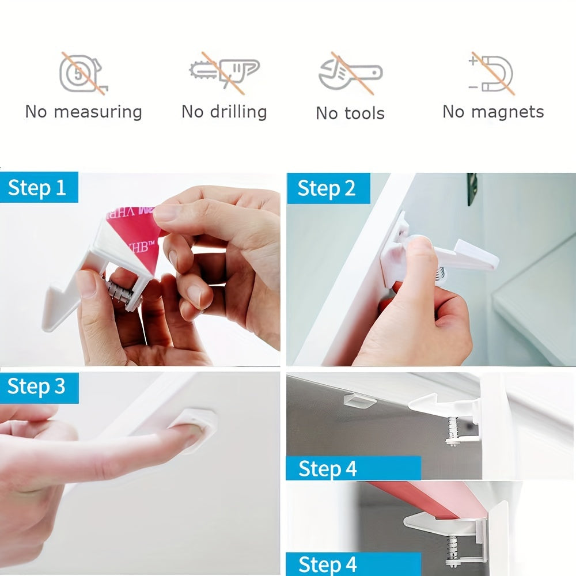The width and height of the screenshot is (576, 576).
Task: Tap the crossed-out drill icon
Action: [x=225, y=72]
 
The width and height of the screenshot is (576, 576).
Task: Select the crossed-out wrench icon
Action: [x=350, y=74]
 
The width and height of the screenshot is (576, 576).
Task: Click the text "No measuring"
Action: [x=84, y=111]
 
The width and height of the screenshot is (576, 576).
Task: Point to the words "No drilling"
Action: [x=224, y=111]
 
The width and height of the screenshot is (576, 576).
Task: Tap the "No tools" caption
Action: [x=350, y=113]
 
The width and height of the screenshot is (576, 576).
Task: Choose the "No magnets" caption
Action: [x=493, y=111]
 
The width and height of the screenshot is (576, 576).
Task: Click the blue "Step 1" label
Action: [x=38, y=188]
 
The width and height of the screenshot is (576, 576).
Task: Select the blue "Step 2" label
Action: [x=327, y=188]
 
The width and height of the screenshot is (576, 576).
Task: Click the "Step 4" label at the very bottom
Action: [x=327, y=564]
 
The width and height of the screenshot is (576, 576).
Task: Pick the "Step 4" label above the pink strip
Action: [x=328, y=469]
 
